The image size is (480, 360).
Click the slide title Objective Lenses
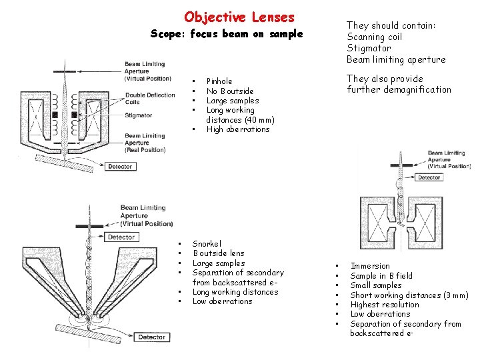(239, 17)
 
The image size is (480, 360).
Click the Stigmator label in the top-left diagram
(139, 115)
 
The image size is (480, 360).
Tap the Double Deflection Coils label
(150, 99)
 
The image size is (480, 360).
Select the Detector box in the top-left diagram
(119, 167)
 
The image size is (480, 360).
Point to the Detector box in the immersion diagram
(429, 177)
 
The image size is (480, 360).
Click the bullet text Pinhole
(219, 81)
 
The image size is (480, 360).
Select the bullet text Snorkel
(207, 244)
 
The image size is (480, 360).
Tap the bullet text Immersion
(370, 266)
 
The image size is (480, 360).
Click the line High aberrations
(237, 129)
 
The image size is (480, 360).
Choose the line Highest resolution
(385, 305)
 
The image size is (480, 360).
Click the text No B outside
(230, 91)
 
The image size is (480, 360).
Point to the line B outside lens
(219, 253)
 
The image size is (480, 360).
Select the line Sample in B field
(381, 276)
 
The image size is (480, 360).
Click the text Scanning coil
(375, 37)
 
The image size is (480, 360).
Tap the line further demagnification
(399, 90)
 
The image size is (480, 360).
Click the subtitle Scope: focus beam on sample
(227, 34)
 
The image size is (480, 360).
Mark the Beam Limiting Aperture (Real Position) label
(145, 142)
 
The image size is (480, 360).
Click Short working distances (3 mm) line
(409, 295)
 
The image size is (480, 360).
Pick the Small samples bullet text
(376, 285)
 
